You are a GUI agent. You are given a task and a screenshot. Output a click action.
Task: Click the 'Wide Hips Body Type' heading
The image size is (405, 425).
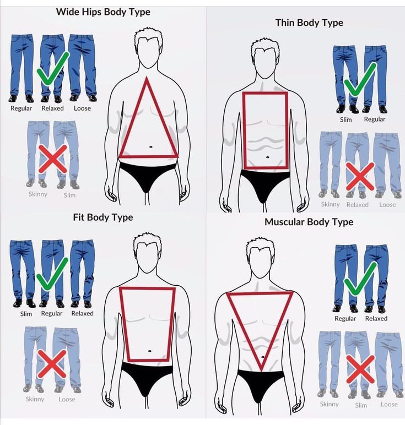pyautogui.click(x=103, y=12)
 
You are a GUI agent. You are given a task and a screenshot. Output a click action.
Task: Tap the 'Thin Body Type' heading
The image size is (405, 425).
pyautogui.click(x=309, y=23)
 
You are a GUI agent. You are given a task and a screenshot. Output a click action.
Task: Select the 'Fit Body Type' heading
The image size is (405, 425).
pyautogui.click(x=103, y=217)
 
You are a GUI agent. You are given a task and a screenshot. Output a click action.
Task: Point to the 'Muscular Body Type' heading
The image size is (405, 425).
pyautogui.click(x=309, y=222)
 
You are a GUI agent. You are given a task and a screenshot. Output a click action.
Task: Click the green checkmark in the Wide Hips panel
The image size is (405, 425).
pyautogui.click(x=53, y=68)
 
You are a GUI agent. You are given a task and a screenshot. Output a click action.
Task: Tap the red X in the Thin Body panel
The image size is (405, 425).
pyautogui.click(x=360, y=176)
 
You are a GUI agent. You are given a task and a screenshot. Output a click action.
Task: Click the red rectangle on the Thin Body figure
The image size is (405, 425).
pyautogui.click(x=244, y=130)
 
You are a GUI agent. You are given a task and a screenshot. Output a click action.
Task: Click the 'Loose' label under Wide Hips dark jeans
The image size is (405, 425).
pyautogui.click(x=82, y=108)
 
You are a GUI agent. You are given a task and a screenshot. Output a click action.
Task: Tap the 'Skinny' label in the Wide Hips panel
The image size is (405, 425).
pyautogui.click(x=38, y=194)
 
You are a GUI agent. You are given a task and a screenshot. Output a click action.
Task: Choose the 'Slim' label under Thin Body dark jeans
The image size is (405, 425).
pyautogui.click(x=346, y=119)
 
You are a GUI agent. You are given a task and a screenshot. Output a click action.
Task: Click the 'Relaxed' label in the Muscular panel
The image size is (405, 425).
pyautogui.click(x=376, y=319)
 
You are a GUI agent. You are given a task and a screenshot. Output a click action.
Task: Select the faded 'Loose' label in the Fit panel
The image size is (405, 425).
pyautogui.click(x=67, y=399)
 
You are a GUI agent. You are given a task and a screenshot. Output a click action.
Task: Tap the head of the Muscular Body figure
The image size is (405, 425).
pyautogui.click(x=260, y=259)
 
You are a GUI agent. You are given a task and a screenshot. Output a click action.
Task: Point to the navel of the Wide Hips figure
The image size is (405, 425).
pyautogui.click(x=150, y=147)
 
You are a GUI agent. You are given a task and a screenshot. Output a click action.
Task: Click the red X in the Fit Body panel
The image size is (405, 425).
pyautogui.click(x=52, y=364)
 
